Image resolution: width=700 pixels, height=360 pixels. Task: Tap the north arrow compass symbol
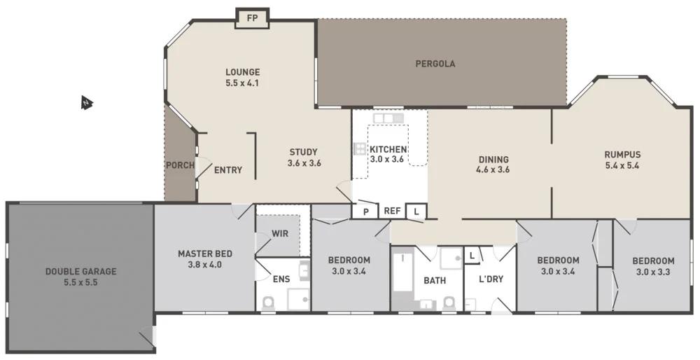point(86,104)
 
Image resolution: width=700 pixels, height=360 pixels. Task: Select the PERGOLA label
point(435,64)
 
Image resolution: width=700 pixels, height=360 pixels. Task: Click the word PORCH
point(180,165)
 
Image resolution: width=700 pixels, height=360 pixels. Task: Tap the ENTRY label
point(228,170)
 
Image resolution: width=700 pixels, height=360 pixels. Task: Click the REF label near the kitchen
point(392,210)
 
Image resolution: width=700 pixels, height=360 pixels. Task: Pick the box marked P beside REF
point(365,211)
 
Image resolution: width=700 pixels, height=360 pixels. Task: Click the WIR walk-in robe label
point(280,233)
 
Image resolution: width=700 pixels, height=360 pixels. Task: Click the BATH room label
point(434,281)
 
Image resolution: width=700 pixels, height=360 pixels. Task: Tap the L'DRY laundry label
point(491,279)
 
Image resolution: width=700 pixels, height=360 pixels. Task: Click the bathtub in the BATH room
point(402,275)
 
